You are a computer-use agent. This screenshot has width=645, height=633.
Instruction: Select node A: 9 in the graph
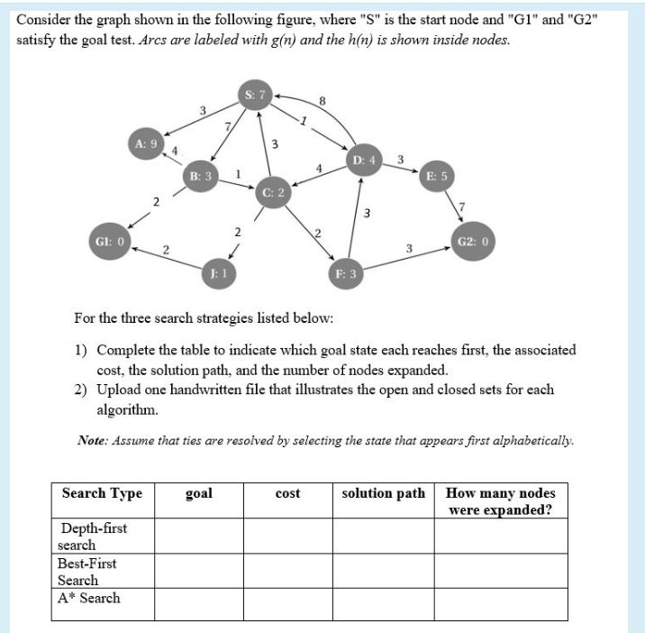(145, 143)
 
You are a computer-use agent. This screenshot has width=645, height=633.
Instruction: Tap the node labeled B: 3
(199, 174)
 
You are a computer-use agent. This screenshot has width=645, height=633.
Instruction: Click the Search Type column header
(102, 493)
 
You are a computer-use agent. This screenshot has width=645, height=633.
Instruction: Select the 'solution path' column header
(384, 493)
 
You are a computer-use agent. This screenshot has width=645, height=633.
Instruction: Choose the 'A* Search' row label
(88, 598)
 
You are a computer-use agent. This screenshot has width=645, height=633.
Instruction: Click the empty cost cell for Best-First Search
(288, 571)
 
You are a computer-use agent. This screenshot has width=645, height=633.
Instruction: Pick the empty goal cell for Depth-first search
(198, 537)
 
